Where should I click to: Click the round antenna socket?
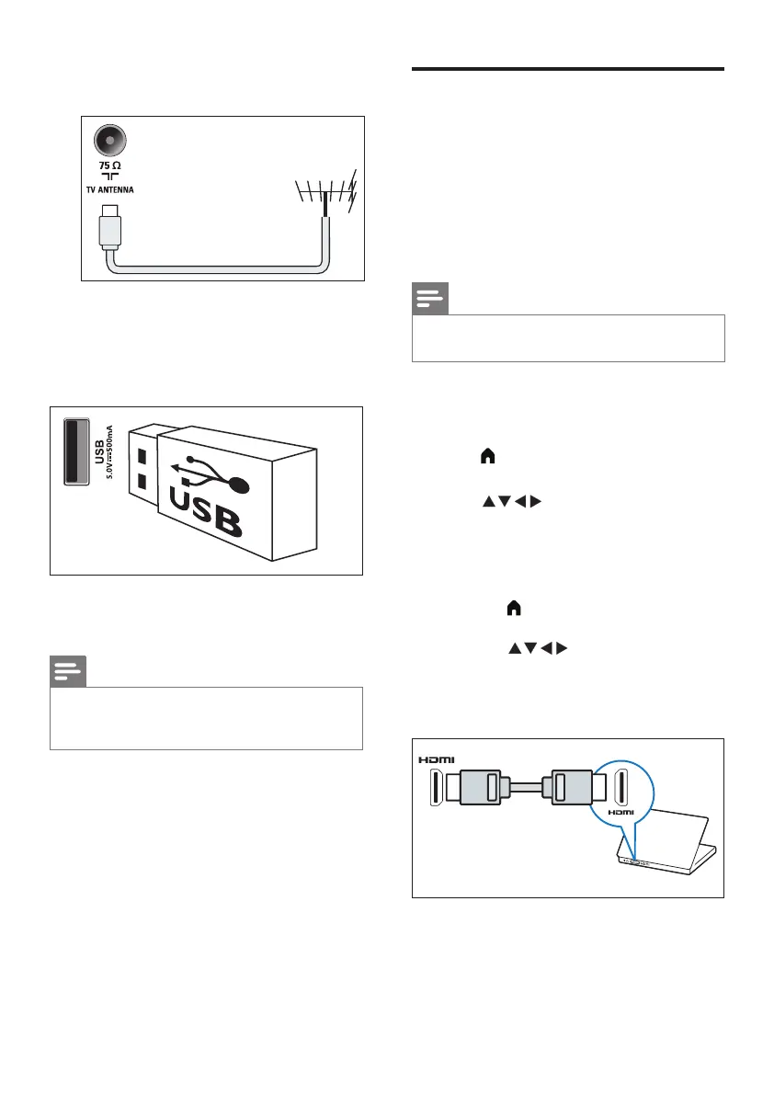click(x=110, y=142)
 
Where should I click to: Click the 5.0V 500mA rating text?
click(x=110, y=454)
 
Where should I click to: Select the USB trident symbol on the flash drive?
click(x=211, y=475)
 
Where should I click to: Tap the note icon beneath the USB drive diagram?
click(x=68, y=671)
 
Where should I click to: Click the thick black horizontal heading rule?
click(x=567, y=69)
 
